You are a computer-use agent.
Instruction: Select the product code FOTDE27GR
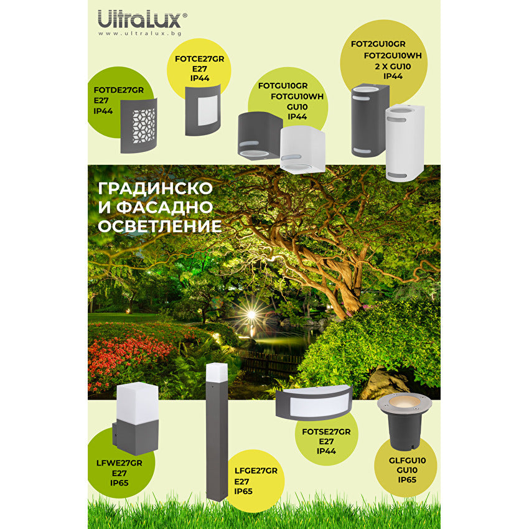(x=119, y=90)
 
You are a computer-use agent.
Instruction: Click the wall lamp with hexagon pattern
(x=139, y=124)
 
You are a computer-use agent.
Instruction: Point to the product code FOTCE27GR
(x=199, y=59)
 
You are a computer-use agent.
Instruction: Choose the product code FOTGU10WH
(x=297, y=96)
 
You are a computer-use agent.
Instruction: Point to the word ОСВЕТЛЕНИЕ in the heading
(x=160, y=225)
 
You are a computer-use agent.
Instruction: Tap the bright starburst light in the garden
(x=251, y=315)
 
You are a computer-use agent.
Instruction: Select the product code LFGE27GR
(x=256, y=471)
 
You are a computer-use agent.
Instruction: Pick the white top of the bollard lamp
(x=217, y=372)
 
